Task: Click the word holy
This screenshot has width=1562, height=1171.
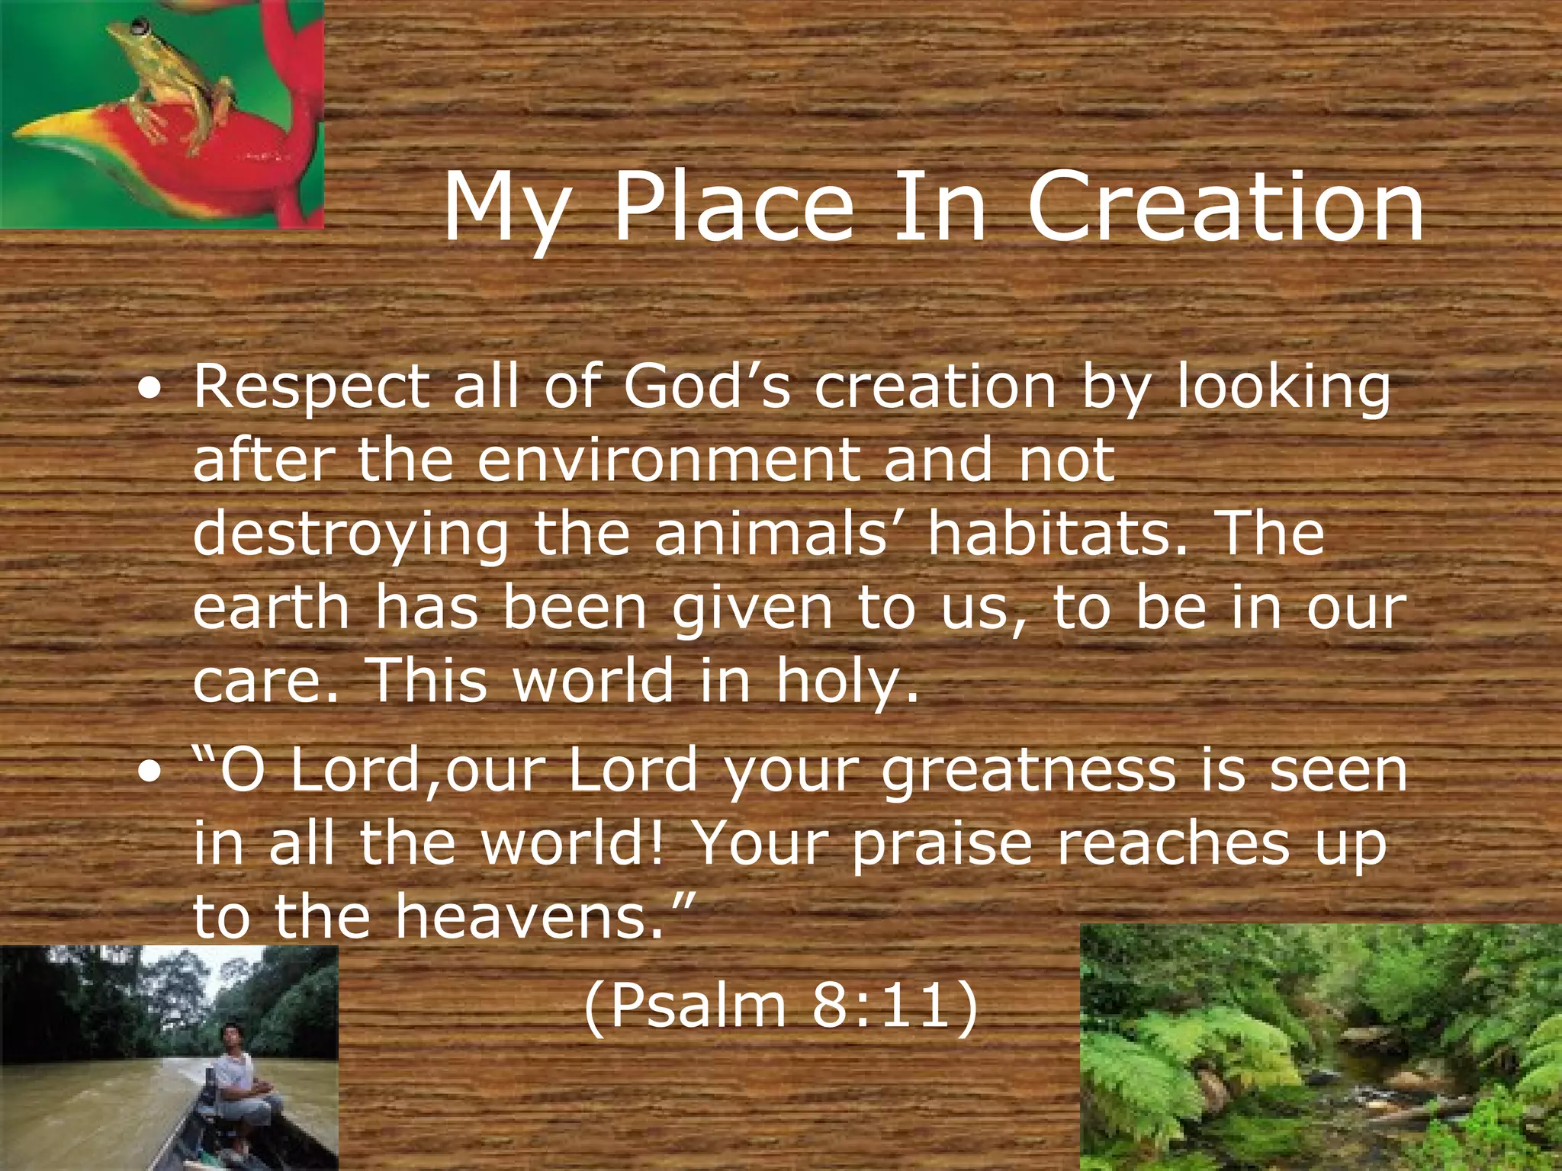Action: click(x=847, y=681)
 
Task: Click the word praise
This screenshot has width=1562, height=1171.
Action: click(x=942, y=845)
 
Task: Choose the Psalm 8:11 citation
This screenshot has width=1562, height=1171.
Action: click(x=780, y=1006)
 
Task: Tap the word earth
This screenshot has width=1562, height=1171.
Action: click(x=271, y=608)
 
